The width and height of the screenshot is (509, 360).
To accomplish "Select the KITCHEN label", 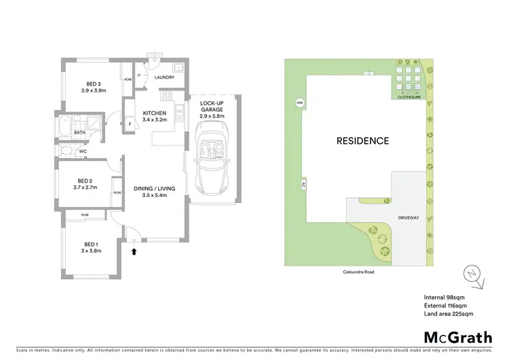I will coord(155,113).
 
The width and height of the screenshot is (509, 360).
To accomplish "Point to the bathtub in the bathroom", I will coord(64,127).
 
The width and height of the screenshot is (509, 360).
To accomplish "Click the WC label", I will coord(83,151).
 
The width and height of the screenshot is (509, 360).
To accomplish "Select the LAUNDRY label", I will coord(164,77).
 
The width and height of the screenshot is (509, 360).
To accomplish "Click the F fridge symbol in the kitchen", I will coord(129,124).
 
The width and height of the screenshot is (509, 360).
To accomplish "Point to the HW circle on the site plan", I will coord(299,103).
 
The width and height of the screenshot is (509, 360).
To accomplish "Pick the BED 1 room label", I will coord(90,244).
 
